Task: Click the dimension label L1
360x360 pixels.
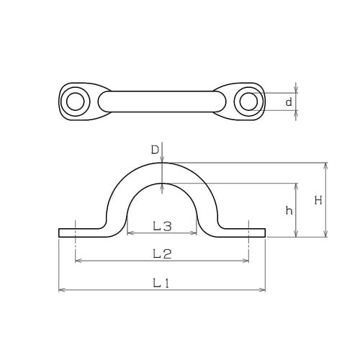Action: (161, 283)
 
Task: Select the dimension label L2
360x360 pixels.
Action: (161, 253)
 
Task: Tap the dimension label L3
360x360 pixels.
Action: (162, 226)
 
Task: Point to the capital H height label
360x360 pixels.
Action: (318, 201)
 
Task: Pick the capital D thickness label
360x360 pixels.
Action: (154, 150)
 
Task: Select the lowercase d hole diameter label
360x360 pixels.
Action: (289, 102)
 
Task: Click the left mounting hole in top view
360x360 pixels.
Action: (75, 102)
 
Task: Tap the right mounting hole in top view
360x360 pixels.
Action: (248, 102)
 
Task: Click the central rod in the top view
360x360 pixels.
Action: (161, 102)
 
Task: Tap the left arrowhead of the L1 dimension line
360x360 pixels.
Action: (60, 289)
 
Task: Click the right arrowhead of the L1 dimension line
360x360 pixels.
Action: (263, 289)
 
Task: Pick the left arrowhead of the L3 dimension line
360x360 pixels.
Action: (130, 233)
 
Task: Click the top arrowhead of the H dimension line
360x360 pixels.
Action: (326, 165)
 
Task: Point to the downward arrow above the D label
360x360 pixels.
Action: (163, 159)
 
